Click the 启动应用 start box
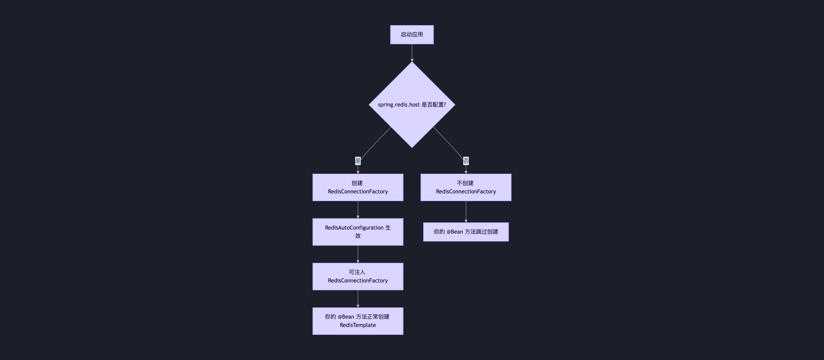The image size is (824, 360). coord(412,34)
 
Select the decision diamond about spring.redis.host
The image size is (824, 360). coord(412,122)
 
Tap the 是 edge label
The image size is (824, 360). coord(358,161)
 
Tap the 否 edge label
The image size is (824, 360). coord(466,161)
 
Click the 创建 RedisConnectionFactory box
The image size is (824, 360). coord(358,187)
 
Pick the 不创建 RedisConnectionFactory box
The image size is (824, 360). coord(466,187)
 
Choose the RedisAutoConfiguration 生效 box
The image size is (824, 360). coord(358,232)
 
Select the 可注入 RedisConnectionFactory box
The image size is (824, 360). coord(358,276)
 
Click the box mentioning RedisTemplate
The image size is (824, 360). coord(358,321)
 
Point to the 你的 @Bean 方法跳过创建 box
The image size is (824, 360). coord(466,232)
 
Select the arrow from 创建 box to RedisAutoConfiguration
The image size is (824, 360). coord(358,209)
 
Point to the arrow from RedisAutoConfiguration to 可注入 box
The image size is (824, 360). coord(358,254)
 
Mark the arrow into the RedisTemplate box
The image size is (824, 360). coord(358,299)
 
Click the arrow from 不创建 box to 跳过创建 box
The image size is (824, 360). coord(466,211)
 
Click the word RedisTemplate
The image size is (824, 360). coord(358,325)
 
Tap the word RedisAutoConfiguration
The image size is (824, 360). coord(354,228)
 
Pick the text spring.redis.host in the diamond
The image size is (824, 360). coord(399,105)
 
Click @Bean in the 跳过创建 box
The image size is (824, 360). coord(455,232)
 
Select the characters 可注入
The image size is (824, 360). coord(357,272)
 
